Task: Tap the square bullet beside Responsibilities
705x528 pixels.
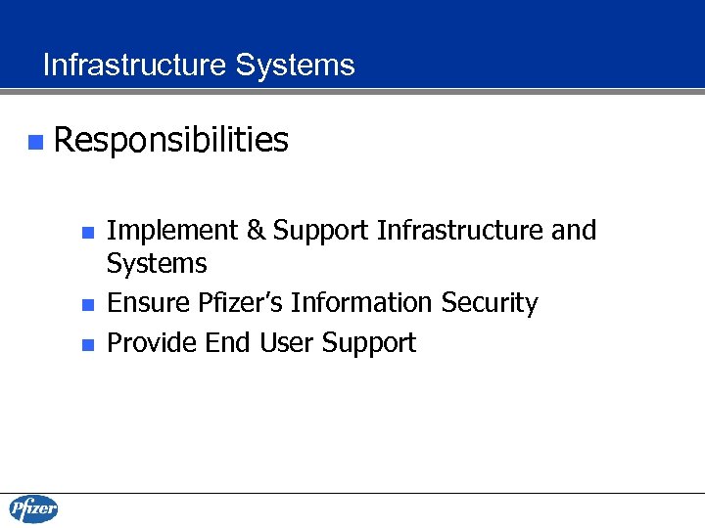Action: (35, 143)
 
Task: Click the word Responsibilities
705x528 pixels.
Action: (171, 141)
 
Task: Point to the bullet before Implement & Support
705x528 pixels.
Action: (87, 233)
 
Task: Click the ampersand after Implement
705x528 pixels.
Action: (255, 232)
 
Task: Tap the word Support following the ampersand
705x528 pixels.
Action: (320, 232)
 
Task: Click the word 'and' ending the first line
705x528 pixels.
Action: (574, 231)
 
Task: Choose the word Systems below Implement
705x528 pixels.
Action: (157, 264)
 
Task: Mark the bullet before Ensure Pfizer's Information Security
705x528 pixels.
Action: (87, 305)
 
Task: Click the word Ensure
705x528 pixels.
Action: (149, 304)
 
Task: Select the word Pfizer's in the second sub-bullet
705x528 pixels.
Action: (241, 304)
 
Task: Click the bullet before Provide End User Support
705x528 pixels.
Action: (87, 344)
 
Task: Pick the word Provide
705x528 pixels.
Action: (153, 343)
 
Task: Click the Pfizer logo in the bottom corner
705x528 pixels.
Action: (33, 509)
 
